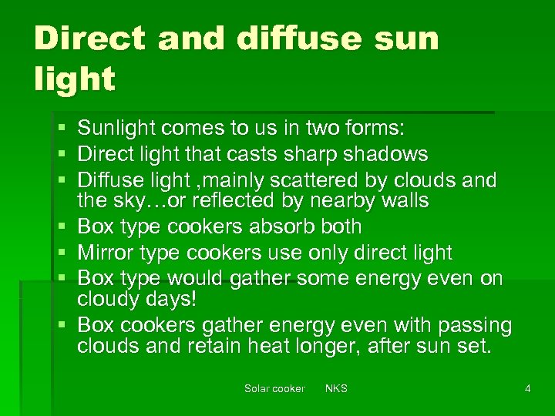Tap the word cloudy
[107, 299]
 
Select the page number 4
[527, 388]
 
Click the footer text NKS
[336, 388]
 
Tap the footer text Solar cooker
[274, 388]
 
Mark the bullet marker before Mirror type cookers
[61, 253]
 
